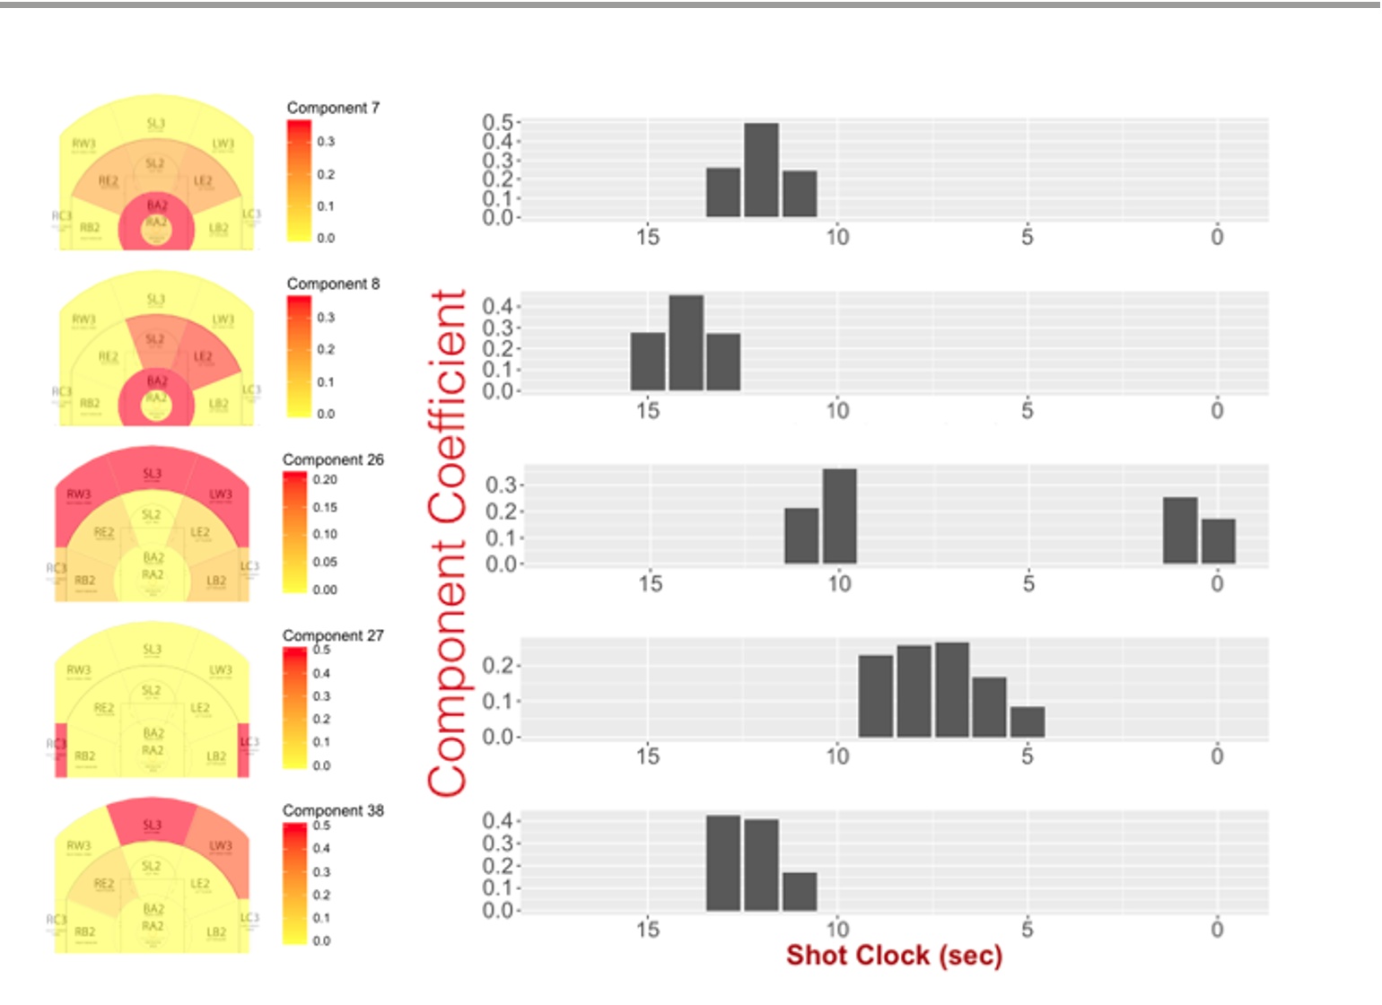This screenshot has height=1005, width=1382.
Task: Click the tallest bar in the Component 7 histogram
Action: [761, 170]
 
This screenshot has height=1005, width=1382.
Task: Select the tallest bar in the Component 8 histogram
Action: [686, 343]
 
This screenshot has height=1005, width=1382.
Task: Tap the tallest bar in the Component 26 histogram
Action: [839, 516]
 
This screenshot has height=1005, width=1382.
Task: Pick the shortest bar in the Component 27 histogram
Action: [1028, 722]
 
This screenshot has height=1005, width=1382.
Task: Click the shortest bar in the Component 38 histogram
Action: [800, 891]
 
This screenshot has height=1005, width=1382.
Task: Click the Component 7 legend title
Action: [333, 108]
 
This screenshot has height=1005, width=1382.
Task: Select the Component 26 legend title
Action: [333, 459]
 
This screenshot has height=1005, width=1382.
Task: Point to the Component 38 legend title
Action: [333, 810]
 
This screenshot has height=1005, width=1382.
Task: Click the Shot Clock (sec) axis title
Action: [894, 956]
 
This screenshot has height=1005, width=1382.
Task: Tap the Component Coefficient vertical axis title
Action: [448, 543]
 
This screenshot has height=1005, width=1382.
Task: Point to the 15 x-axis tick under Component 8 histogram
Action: [648, 411]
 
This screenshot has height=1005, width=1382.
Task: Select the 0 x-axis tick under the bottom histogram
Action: [1217, 929]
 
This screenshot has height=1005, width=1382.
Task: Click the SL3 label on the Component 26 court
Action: [153, 474]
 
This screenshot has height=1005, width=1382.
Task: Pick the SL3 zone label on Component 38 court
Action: [153, 825]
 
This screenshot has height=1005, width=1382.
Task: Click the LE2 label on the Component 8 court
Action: [204, 357]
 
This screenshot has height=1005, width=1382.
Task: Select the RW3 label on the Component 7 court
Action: [83, 144]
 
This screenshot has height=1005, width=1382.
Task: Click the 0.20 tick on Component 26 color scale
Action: [325, 480]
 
